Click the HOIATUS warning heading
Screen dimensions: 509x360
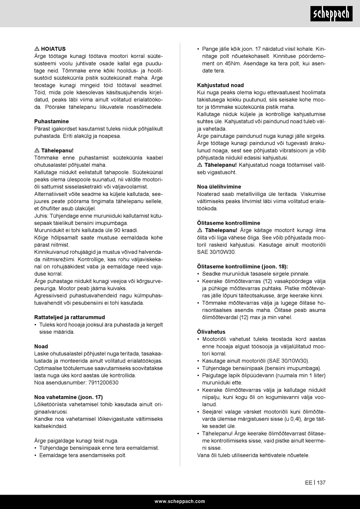(x=53, y=49)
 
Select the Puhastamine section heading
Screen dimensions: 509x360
(x=52, y=121)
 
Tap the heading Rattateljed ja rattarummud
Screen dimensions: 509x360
(x=69, y=317)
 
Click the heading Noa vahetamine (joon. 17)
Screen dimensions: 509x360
(x=68, y=397)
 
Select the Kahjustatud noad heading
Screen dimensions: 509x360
(x=221, y=85)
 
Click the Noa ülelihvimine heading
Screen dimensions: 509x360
(x=219, y=187)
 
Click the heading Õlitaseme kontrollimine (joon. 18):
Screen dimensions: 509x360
(x=243, y=266)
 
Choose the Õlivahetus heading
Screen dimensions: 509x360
(x=211, y=332)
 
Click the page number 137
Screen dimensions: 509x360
(x=321, y=482)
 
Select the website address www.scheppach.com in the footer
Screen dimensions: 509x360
(x=180, y=501)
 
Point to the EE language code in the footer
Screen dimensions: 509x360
(x=308, y=482)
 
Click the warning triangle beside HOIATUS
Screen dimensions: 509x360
(x=37, y=49)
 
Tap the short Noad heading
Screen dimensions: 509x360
(x=41, y=346)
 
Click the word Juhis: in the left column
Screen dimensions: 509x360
(x=42, y=216)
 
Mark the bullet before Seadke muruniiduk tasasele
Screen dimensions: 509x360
(x=199, y=274)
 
